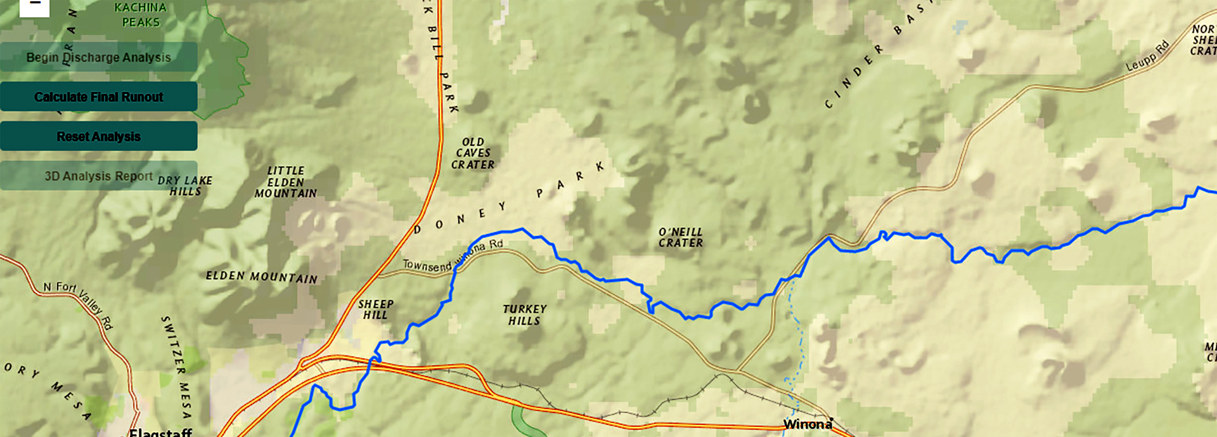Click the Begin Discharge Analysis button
coord(98,57)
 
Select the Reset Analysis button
coord(98,136)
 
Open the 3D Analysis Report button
coord(98,176)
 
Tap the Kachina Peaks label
coord(141,15)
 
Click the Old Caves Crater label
coord(473,153)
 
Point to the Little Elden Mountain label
coord(286,182)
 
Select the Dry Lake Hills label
coord(185,186)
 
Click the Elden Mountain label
coord(261,277)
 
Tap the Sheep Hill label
coord(376,310)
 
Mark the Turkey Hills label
coord(524,315)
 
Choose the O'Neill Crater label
coord(681,237)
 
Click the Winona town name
coord(808,424)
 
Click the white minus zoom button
coord(35,5)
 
